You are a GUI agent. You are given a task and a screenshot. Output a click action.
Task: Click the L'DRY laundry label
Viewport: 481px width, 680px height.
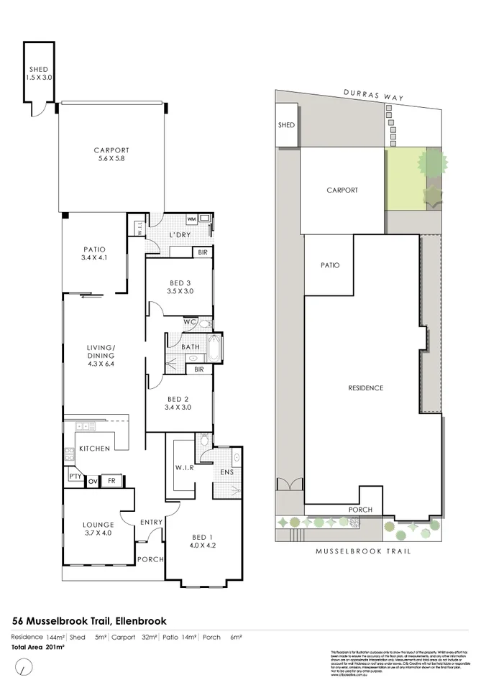click(178, 236)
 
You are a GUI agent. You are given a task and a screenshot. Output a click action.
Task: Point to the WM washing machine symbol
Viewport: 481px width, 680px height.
click(191, 219)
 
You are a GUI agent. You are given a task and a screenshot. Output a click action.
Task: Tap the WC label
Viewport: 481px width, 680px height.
click(189, 322)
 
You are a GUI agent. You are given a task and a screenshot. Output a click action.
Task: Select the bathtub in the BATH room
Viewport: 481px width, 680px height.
click(214, 346)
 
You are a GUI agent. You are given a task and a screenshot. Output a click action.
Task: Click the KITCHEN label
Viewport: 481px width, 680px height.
click(94, 449)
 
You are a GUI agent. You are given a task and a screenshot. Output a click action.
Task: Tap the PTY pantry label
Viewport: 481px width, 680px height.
click(74, 477)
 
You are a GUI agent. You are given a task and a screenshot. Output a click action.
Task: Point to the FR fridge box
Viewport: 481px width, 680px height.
click(111, 480)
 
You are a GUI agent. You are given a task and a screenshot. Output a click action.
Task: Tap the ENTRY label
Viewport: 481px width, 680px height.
click(151, 522)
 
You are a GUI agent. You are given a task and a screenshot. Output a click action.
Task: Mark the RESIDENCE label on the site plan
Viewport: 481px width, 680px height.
click(365, 388)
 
